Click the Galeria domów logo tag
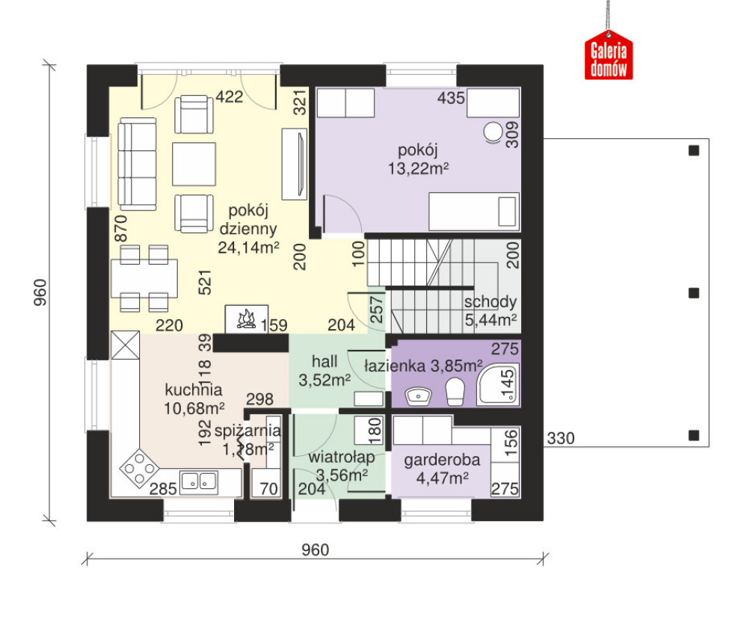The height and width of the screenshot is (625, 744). [x=609, y=55]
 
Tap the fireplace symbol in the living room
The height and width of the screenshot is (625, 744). [x=246, y=319]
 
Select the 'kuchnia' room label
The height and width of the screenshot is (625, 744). [x=194, y=390]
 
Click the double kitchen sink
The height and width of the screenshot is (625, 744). [x=200, y=481]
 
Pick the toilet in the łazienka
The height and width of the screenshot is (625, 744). [x=455, y=391]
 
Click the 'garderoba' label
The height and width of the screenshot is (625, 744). [x=442, y=459]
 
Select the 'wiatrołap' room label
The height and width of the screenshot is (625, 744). [x=342, y=457]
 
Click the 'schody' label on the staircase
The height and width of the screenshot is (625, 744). [x=491, y=301]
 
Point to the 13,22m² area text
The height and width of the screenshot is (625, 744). [x=419, y=168]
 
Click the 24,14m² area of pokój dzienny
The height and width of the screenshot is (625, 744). [x=248, y=247]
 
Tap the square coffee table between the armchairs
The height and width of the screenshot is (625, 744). [x=194, y=164]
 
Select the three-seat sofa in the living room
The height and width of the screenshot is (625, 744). [x=137, y=164]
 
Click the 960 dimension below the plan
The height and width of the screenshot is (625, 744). [x=316, y=549]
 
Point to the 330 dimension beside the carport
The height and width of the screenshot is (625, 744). [x=561, y=438]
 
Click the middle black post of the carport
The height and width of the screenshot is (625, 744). [x=694, y=293]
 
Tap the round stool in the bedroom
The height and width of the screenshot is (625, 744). [x=493, y=132]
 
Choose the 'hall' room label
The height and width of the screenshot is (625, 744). [x=325, y=361]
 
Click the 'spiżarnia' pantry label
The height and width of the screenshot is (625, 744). [x=248, y=431]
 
